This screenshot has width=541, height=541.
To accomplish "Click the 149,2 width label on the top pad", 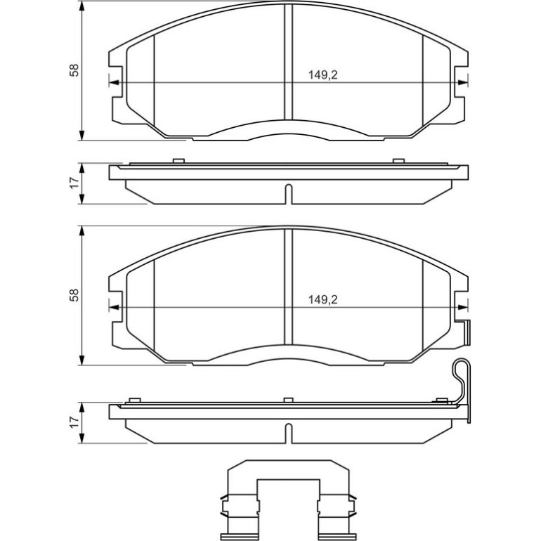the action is coord(322,75).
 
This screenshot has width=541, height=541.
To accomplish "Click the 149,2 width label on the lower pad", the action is coord(322,299).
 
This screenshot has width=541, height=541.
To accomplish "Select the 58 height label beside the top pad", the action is coord(74,70).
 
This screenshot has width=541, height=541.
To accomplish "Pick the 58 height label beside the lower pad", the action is coord(74,295).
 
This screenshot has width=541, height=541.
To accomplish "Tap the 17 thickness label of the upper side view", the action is coord(74,183).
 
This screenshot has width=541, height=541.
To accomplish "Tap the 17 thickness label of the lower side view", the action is coord(74,422).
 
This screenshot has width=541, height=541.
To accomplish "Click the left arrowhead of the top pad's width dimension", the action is coord(114,83).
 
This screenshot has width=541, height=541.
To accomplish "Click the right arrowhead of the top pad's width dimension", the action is coord(463,83).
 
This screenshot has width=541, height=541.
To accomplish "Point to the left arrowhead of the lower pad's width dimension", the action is coord(114,308).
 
